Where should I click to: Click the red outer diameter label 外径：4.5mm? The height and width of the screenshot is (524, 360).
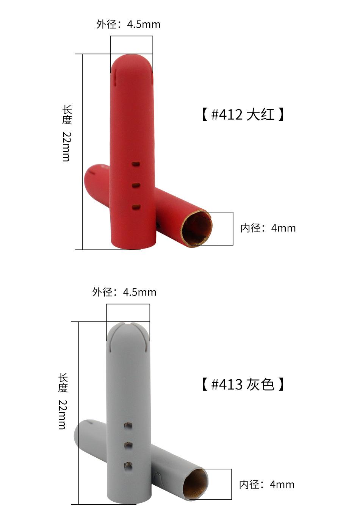coord(128,24)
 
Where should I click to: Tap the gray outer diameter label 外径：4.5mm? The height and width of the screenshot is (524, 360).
coord(124,293)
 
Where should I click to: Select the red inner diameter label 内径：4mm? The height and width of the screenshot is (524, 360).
coord(268,228)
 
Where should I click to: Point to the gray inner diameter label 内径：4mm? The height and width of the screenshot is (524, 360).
coord(267,485)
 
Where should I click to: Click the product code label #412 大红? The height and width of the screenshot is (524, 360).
coord(243,114)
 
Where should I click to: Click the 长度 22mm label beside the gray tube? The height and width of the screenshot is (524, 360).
coord(63,401)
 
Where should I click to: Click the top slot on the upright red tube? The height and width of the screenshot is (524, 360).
coord(136,164)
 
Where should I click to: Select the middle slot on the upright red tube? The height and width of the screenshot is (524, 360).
coord(136,186)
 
